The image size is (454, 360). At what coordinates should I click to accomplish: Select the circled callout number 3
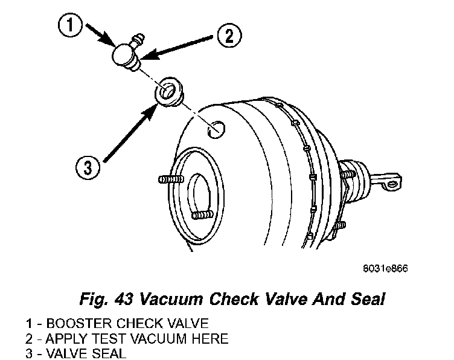[x=88, y=166]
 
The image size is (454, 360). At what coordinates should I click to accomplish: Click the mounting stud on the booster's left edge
[x=170, y=179]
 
